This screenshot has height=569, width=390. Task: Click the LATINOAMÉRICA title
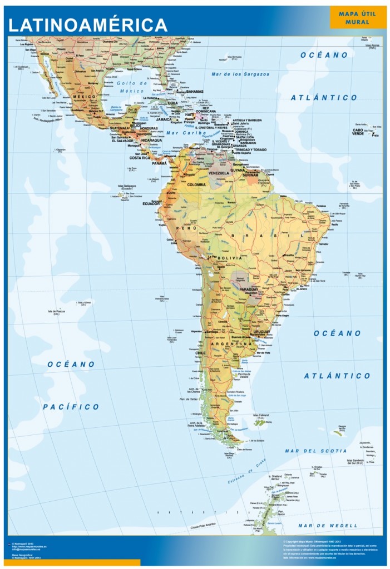point(88,24)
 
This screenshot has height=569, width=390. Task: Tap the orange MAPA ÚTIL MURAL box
point(358,17)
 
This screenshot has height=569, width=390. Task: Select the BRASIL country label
point(258,236)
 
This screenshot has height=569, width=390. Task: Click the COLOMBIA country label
point(196,184)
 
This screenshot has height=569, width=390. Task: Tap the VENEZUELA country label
point(219,173)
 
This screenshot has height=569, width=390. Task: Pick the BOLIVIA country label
point(230,258)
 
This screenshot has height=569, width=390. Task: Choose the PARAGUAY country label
point(248,290)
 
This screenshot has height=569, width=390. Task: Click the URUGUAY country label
point(261,332)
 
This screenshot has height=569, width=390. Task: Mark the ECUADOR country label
point(151,203)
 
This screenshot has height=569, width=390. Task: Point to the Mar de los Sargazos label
point(240,74)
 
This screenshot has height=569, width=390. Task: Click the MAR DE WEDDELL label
point(328,525)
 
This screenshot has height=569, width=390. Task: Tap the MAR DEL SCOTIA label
point(315,451)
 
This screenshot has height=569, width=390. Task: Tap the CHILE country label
point(200,353)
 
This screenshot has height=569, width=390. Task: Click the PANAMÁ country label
point(159,163)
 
